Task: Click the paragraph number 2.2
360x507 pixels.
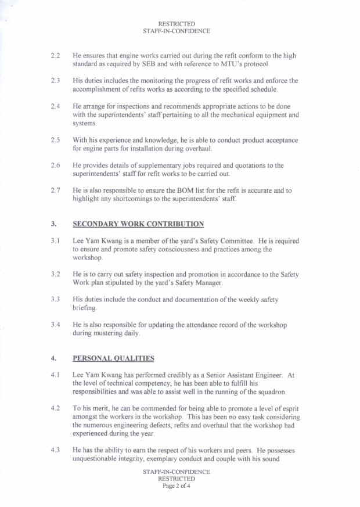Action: (56, 55)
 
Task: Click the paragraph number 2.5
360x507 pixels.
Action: (56, 140)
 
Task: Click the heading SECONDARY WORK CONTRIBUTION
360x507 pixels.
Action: (138, 224)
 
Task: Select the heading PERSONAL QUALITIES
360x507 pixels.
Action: (113, 358)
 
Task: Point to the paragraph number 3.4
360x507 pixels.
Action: (56, 325)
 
